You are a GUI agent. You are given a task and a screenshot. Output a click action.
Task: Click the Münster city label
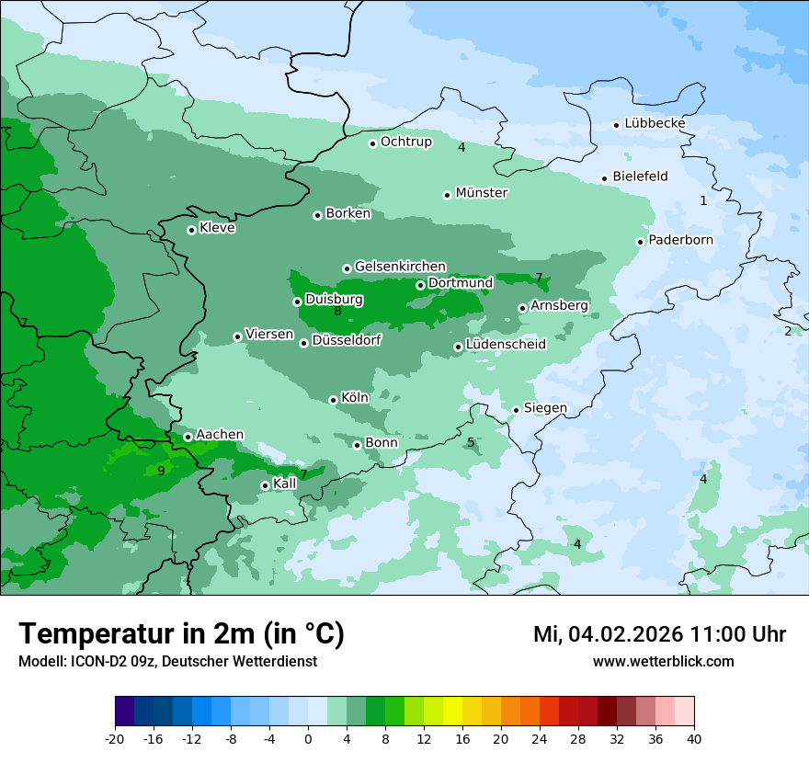click(x=482, y=193)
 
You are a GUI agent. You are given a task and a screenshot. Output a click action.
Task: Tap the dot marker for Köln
click(x=333, y=400)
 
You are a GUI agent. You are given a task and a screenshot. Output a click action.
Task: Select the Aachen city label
click(x=220, y=435)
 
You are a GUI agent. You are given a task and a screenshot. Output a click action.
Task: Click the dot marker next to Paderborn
click(x=640, y=242)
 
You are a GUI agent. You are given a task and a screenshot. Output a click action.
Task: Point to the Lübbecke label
click(x=655, y=123)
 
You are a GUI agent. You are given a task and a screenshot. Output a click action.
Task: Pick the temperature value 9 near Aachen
click(x=161, y=471)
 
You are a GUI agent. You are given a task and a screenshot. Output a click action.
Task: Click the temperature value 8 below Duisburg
click(x=337, y=312)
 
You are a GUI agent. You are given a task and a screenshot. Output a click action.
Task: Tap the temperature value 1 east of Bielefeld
click(x=703, y=200)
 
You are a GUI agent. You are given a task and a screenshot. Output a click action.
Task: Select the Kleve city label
click(x=217, y=228)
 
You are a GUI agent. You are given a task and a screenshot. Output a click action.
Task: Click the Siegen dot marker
click(x=516, y=410)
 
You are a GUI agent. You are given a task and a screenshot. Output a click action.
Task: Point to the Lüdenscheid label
click(x=506, y=345)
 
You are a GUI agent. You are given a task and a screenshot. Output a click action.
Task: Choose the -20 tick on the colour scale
click(x=115, y=738)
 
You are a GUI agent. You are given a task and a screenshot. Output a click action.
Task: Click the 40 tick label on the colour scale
click(x=694, y=738)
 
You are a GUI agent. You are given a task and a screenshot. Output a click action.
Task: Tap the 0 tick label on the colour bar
click(x=308, y=738)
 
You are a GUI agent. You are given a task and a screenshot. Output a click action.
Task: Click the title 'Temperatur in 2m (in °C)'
click(x=181, y=634)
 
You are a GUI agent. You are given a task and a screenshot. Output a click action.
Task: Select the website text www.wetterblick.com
click(x=663, y=661)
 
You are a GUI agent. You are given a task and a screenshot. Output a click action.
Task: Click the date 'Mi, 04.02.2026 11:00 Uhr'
click(x=659, y=634)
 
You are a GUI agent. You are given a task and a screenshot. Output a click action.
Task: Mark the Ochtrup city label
click(x=405, y=142)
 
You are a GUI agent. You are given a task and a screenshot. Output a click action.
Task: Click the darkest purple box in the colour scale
click(x=124, y=712)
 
